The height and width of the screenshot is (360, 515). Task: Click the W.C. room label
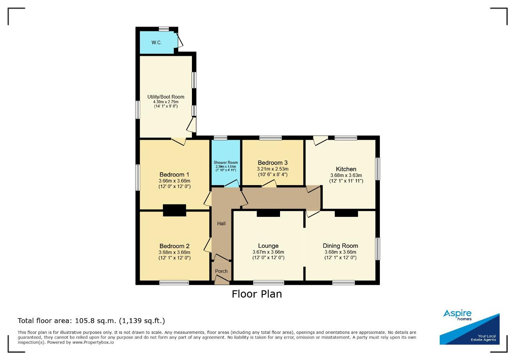(x=157, y=43)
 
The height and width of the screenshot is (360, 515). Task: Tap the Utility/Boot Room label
(x=166, y=97)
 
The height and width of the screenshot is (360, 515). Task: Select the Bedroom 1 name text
(x=174, y=175)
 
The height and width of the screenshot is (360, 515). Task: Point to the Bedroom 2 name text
(x=174, y=246)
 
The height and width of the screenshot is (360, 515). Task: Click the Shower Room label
(x=226, y=163)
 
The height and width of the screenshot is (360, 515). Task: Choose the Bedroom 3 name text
(x=273, y=163)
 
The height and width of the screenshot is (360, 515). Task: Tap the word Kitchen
(x=346, y=169)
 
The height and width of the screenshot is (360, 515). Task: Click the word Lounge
(x=268, y=246)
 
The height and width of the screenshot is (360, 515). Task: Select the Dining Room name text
(x=340, y=246)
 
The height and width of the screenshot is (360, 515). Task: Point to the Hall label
(x=221, y=224)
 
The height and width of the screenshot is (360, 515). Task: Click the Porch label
(x=221, y=271)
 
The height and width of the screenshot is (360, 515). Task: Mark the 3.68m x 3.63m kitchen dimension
(x=346, y=175)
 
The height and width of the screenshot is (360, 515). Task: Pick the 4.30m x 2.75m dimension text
(x=166, y=102)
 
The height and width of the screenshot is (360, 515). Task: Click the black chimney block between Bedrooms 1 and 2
(x=175, y=210)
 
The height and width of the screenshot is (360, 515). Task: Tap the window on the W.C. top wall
(x=164, y=29)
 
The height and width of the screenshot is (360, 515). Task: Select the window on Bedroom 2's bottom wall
(x=174, y=282)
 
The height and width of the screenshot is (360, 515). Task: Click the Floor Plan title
(x=257, y=294)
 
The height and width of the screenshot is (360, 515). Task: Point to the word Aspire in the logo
(x=457, y=313)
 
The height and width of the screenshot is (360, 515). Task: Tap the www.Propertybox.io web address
(x=93, y=342)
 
